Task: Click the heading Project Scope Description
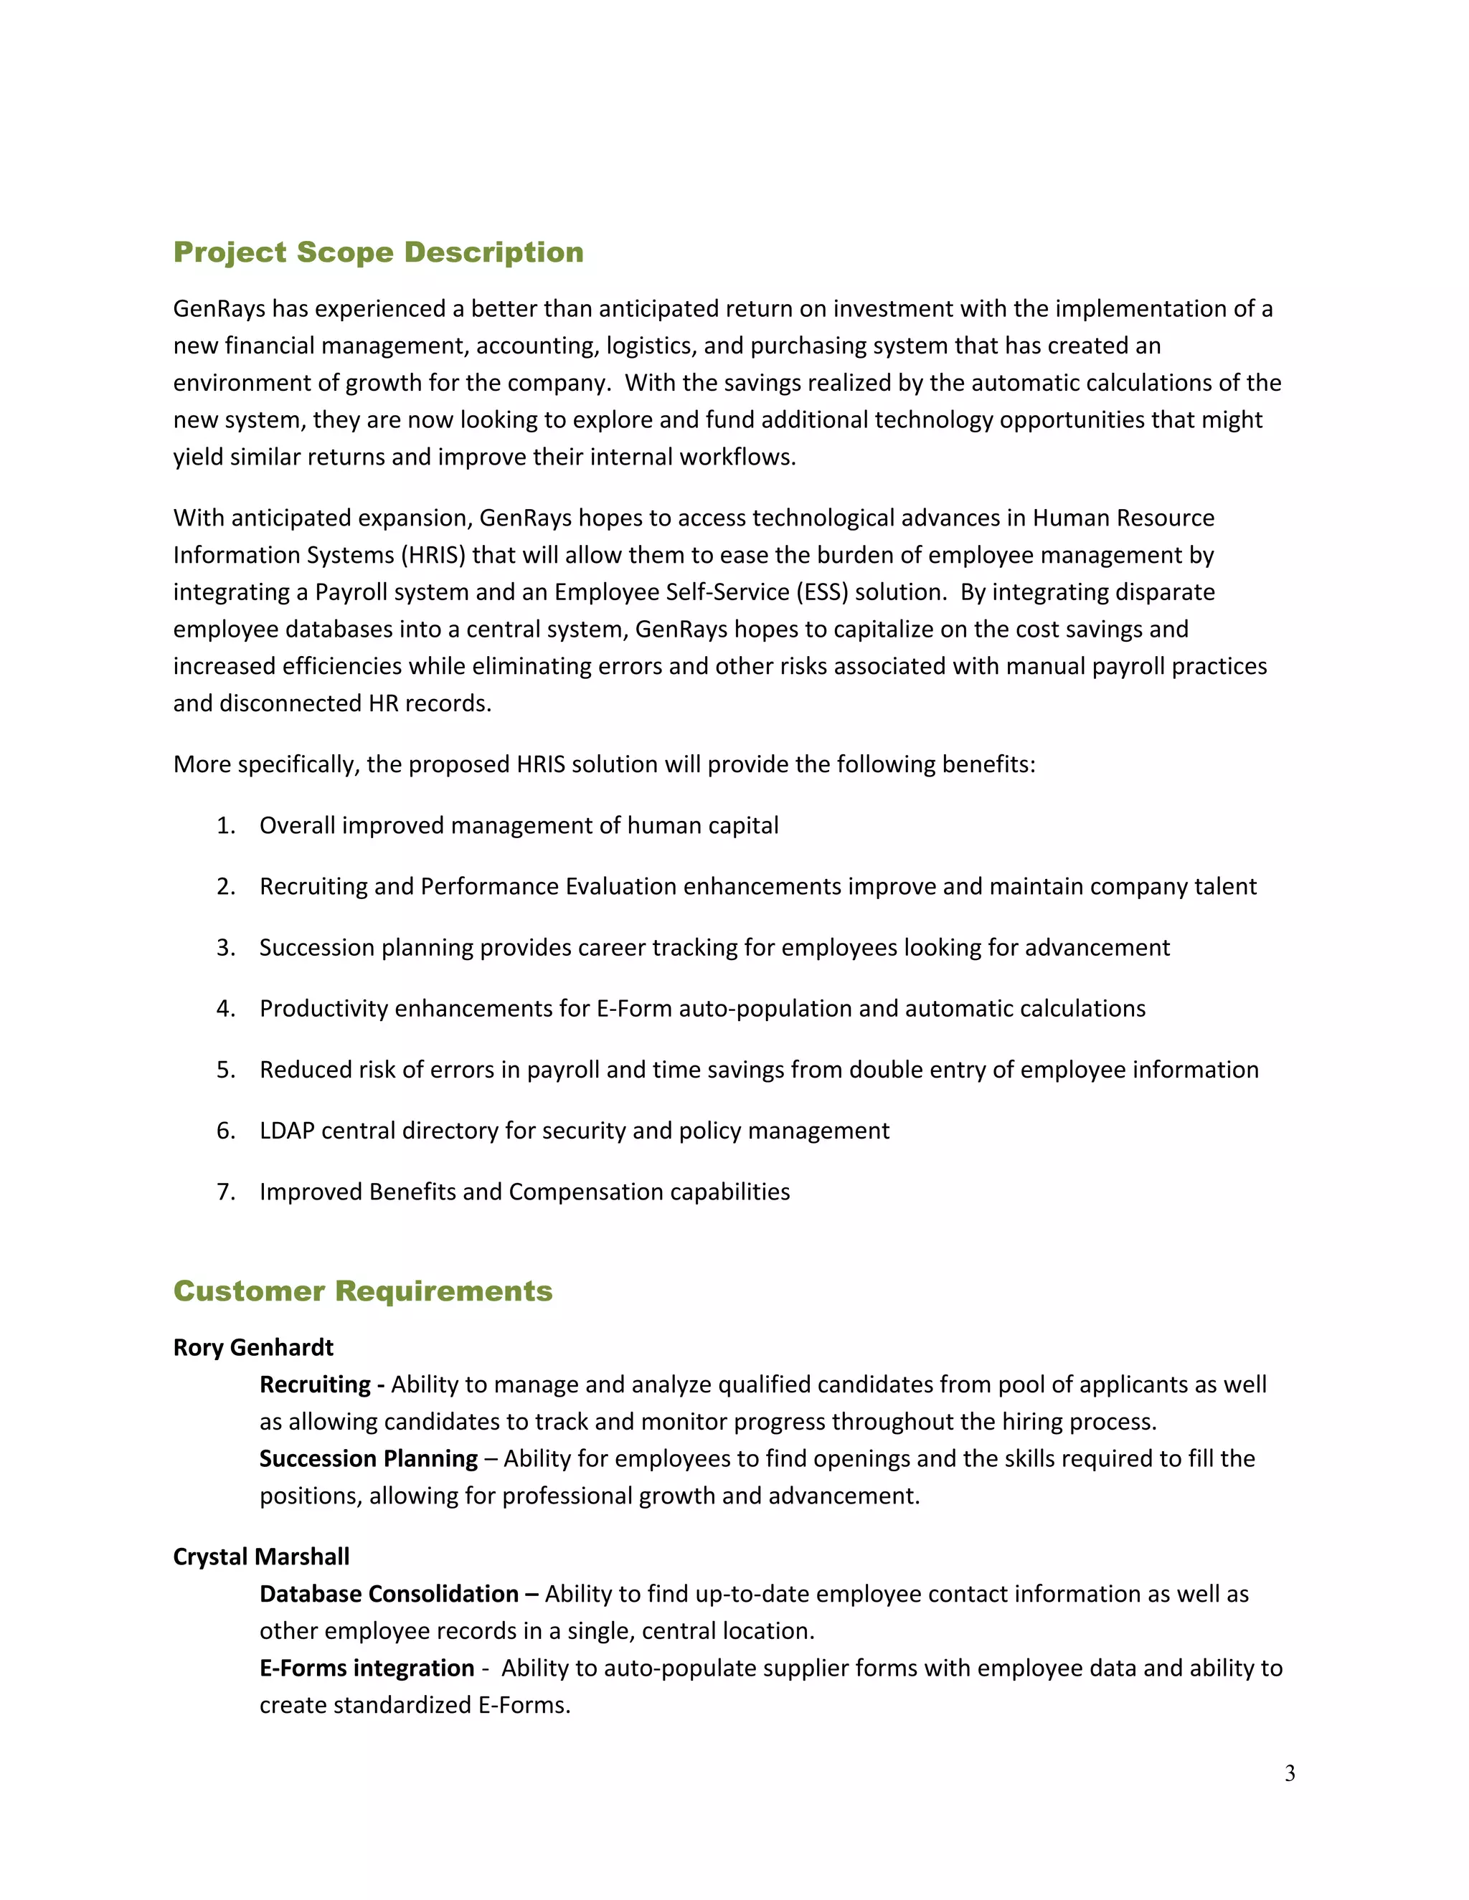coord(378,252)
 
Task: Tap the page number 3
coord(1289,1773)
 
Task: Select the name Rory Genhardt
coord(253,1348)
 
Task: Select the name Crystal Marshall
coord(261,1557)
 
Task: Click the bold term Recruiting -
coord(321,1384)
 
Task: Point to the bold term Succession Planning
coord(368,1458)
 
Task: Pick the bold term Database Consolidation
coord(389,1594)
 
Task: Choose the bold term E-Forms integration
coord(367,1668)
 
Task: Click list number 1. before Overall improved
coord(225,825)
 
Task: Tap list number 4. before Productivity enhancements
coord(225,1008)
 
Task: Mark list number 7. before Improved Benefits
coord(225,1192)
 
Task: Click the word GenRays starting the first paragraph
coord(219,309)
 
